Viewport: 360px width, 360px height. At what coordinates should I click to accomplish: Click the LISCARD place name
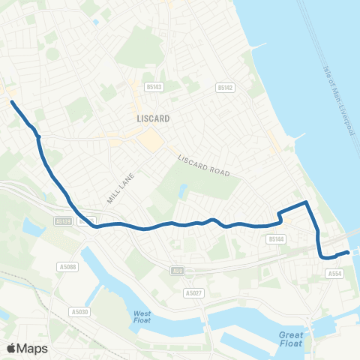pos(153,118)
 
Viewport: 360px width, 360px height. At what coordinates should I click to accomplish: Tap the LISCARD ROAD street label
pos(203,166)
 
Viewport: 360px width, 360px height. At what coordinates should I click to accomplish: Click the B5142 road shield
pos(223,88)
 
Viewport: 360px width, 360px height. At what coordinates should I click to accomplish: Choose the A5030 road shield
pos(77,312)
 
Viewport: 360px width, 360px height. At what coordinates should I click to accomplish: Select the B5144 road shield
pos(276,239)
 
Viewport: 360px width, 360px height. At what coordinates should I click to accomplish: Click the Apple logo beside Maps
pos(12,348)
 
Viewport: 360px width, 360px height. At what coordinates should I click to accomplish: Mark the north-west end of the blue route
pos(12,101)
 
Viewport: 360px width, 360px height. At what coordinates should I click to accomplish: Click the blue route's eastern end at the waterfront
pos(347,253)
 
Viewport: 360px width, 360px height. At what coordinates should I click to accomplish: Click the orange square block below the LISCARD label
pos(151,139)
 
